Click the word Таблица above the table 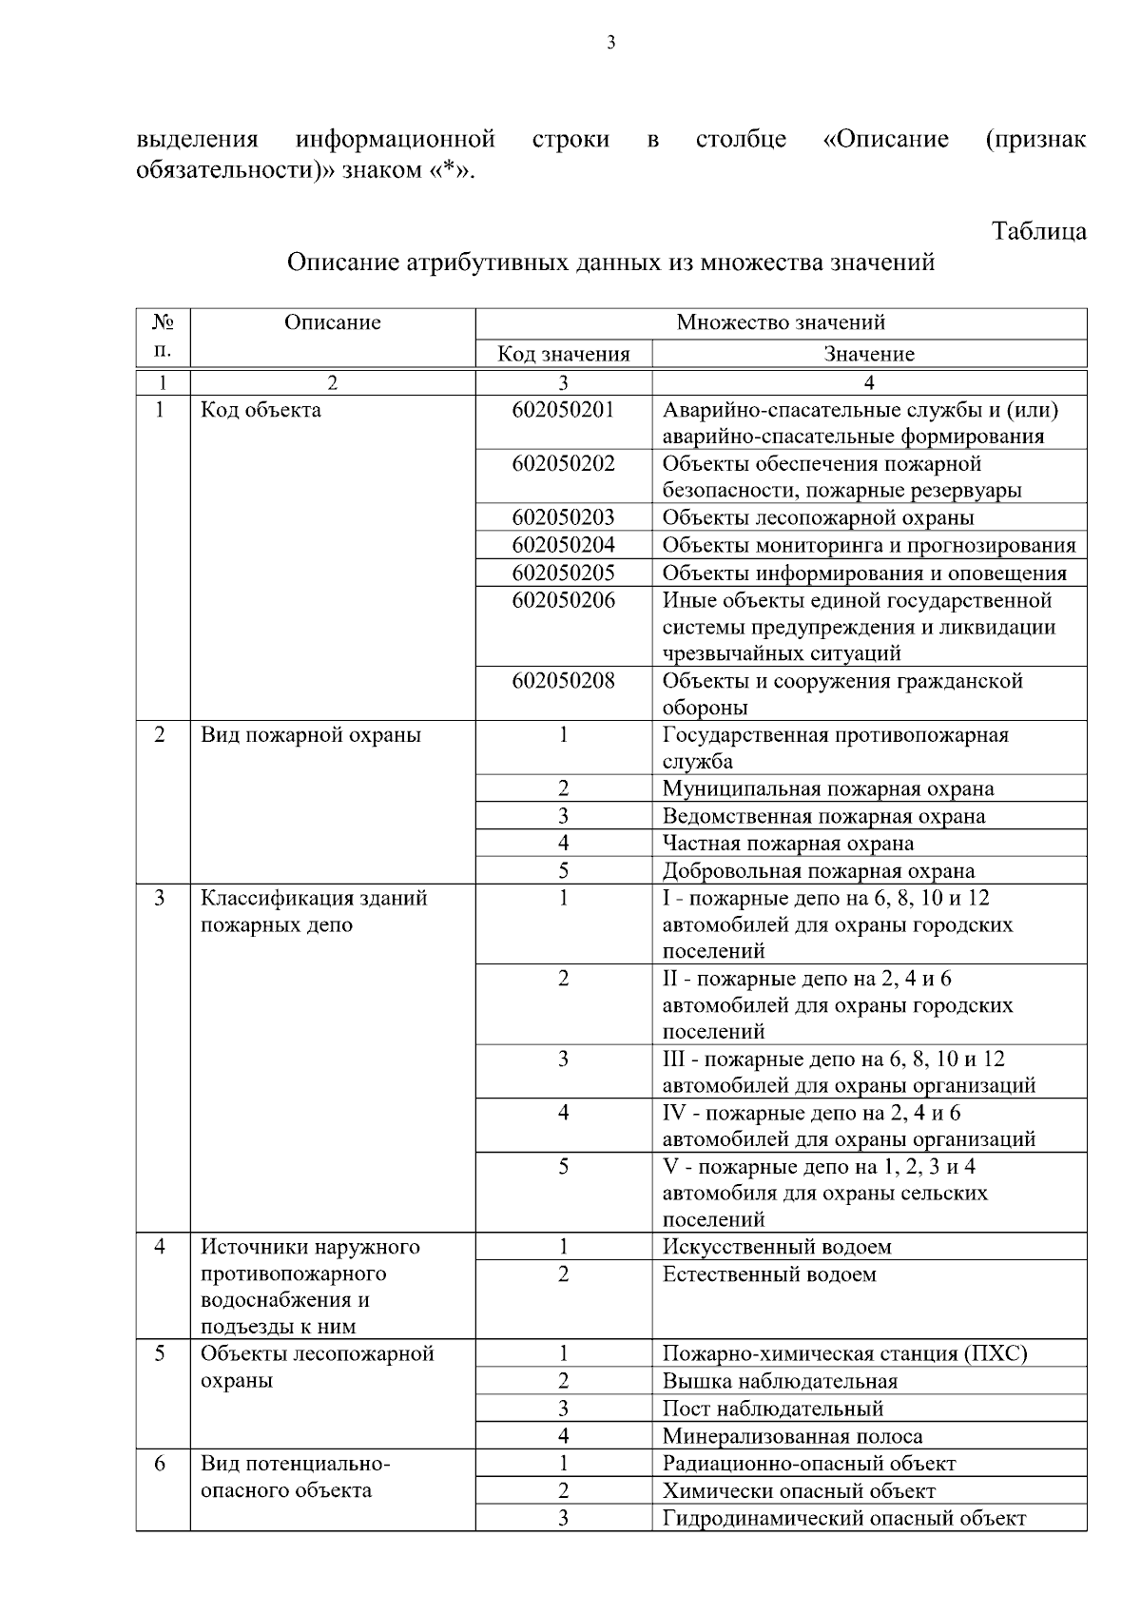coord(1038,231)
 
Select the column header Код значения coord(564,355)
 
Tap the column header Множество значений coord(780,322)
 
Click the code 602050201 coord(563,410)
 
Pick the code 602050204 coord(563,545)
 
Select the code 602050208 coord(563,681)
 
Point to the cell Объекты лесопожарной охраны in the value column coord(818,518)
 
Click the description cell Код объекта coord(261,410)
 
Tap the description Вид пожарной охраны coord(310,735)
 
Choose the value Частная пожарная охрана coord(787,844)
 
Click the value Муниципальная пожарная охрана coord(827,789)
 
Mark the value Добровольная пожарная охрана coord(818,871)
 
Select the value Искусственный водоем coord(776,1247)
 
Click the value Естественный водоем coord(768,1274)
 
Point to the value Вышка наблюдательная coord(780,1382)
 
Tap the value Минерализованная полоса coord(792,1437)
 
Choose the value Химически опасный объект coord(799,1491)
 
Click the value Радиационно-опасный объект coord(808,1464)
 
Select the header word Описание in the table coord(332,322)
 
